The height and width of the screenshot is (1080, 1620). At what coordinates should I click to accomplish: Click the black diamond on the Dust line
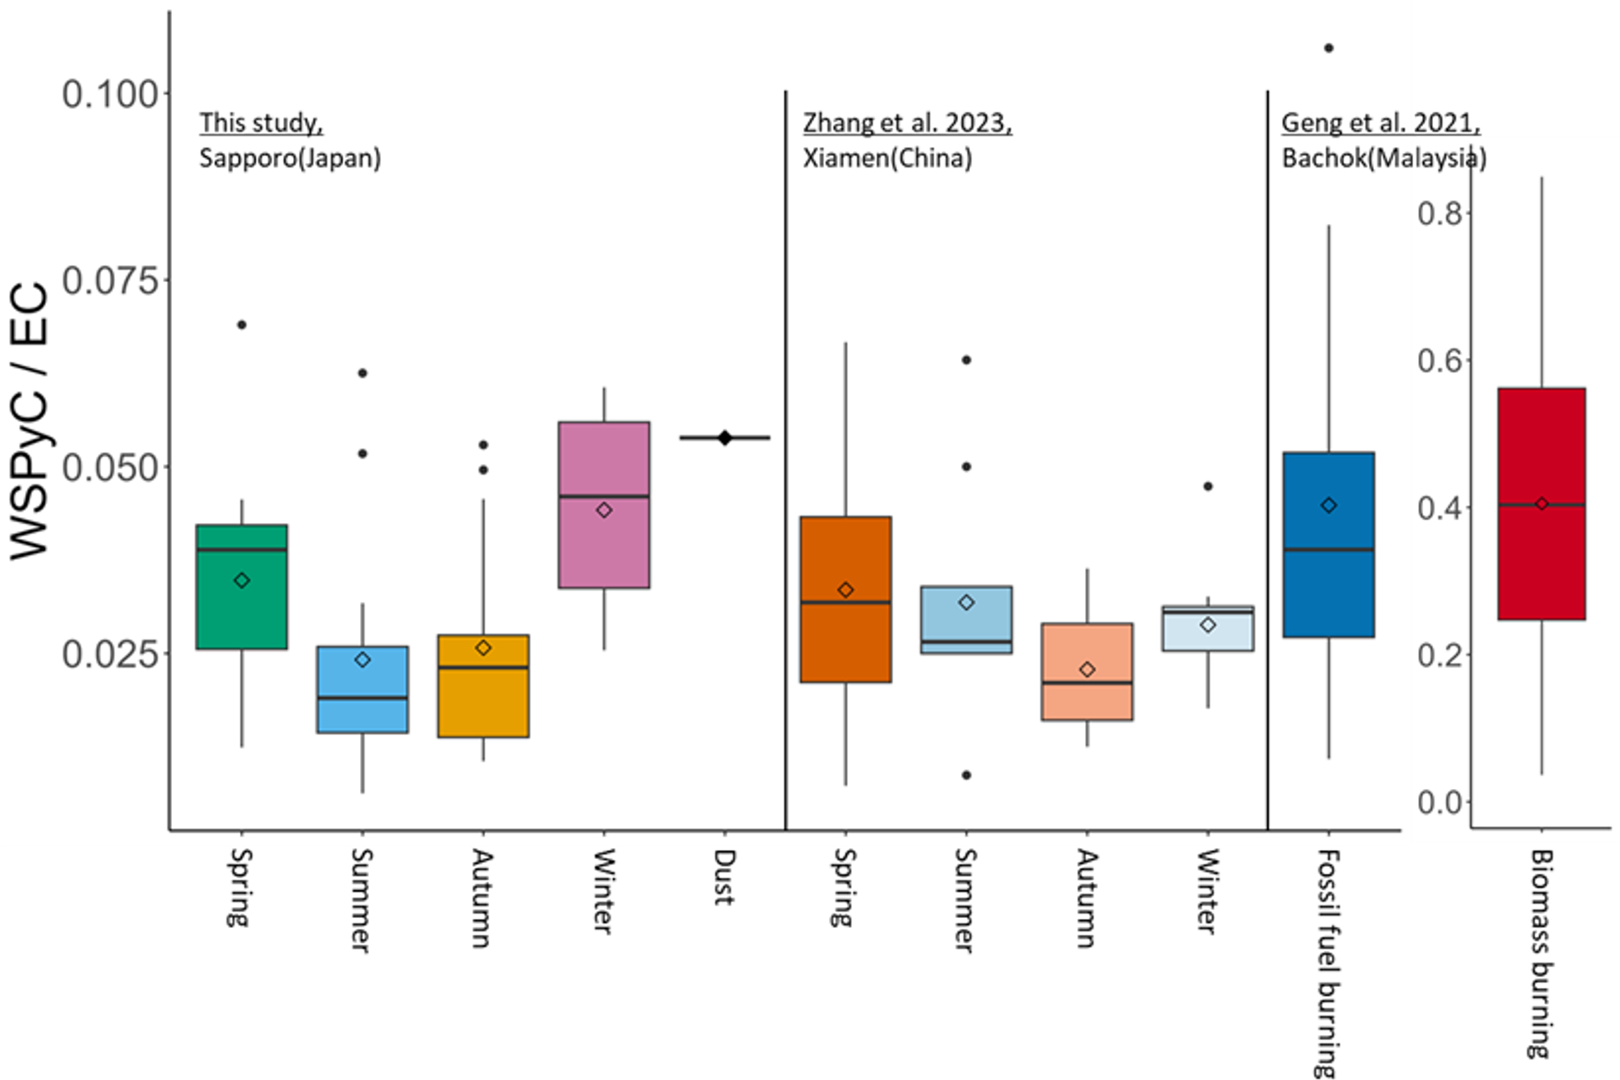(724, 437)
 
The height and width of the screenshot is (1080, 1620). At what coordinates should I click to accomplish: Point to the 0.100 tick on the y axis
(110, 93)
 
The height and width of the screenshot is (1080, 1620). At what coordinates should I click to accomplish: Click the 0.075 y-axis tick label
(110, 280)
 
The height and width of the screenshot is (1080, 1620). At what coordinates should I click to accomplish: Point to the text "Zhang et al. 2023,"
(906, 123)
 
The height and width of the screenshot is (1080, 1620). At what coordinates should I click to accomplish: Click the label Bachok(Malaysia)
(1384, 159)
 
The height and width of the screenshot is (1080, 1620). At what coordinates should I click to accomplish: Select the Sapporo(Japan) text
(289, 159)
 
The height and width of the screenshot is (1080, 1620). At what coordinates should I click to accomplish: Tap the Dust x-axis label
(724, 877)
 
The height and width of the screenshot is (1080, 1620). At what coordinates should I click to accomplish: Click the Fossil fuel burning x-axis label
(1328, 963)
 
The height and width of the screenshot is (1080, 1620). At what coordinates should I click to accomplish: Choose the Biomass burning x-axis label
(1540, 954)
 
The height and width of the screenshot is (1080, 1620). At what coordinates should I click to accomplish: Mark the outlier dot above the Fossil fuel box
(1328, 48)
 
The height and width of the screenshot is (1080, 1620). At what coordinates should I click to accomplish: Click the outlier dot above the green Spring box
(242, 325)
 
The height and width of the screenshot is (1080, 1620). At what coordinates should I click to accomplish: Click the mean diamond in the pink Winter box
(604, 510)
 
